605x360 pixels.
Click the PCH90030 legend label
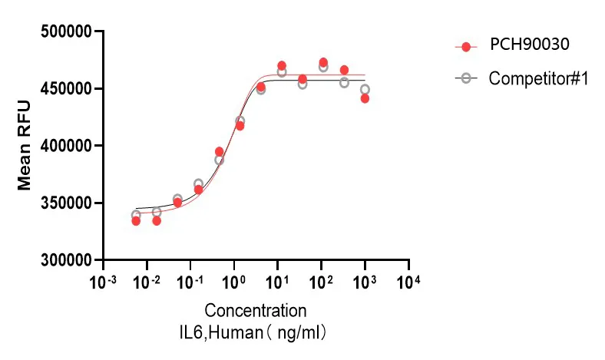[530, 45]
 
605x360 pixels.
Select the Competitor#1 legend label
[538, 78]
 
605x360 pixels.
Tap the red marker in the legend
[466, 45]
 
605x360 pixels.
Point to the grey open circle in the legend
[466, 78]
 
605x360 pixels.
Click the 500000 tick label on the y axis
[65, 31]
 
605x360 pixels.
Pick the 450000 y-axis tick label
[65, 89]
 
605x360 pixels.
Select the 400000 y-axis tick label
[65, 146]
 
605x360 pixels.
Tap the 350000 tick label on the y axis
[65, 203]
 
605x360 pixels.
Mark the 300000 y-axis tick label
[65, 260]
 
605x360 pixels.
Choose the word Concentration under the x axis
[256, 311]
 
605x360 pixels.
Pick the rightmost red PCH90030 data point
[365, 98]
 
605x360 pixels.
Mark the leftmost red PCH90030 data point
[136, 221]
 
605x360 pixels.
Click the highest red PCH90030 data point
[323, 62]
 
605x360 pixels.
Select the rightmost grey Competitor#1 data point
[365, 89]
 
